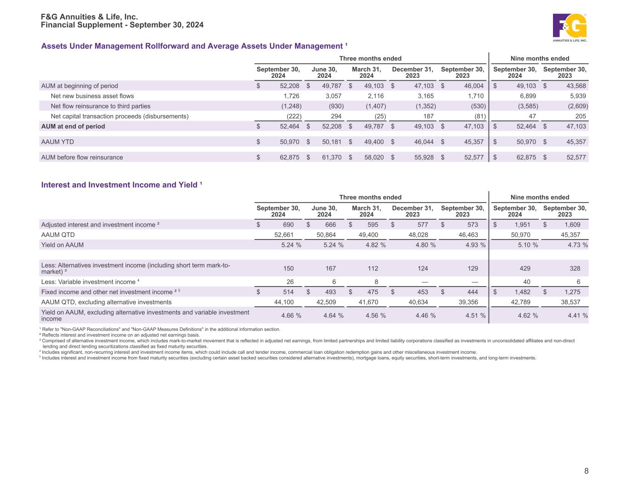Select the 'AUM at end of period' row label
[x=73, y=126]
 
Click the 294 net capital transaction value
[x=336, y=116]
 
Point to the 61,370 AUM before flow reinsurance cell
[x=331, y=157]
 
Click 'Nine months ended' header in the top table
[x=540, y=59]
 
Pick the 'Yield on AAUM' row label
[x=63, y=245]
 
